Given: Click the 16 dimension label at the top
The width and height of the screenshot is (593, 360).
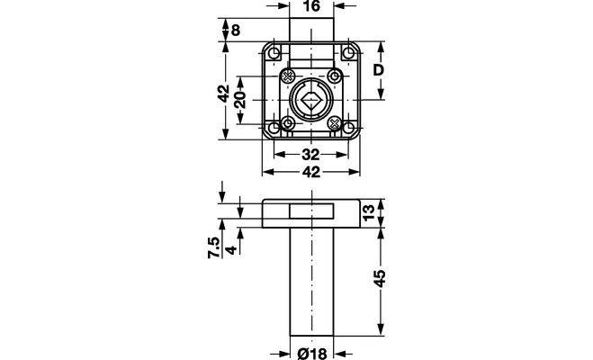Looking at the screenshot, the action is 311,6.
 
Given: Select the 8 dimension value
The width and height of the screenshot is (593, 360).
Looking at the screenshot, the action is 236,31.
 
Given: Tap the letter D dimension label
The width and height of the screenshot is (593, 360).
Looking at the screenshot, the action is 379,70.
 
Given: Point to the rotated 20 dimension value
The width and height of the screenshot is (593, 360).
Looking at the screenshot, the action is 240,100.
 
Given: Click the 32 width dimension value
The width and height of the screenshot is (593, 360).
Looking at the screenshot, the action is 310,155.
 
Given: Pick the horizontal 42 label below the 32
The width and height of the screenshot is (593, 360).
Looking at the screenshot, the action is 310,172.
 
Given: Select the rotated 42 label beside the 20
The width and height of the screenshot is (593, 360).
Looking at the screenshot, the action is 224,93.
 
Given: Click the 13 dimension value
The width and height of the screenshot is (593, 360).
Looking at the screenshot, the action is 368,211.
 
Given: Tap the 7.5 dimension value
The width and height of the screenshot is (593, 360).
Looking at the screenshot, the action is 213,247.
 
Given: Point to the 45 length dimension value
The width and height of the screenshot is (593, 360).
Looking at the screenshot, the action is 379,278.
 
